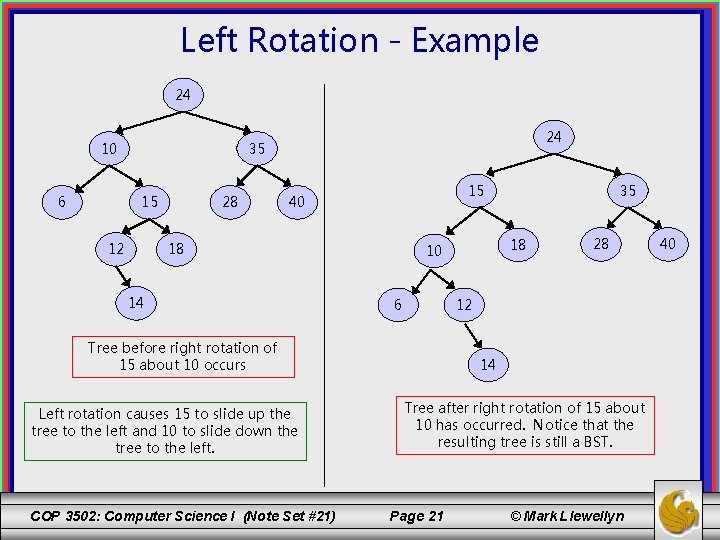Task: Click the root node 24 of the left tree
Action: pyautogui.click(x=183, y=96)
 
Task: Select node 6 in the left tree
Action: pyautogui.click(x=62, y=201)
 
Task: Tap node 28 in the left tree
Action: pyautogui.click(x=230, y=202)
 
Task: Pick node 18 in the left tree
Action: pyautogui.click(x=177, y=248)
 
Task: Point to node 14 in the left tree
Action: pyautogui.click(x=136, y=302)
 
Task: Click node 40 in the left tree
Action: pyautogui.click(x=296, y=202)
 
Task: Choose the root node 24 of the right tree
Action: pyautogui.click(x=553, y=136)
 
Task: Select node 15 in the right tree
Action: pyautogui.click(x=477, y=190)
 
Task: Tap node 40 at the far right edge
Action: pyautogui.click(x=667, y=243)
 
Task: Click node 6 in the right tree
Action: pyautogui.click(x=398, y=304)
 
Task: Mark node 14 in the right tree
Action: pyautogui.click(x=487, y=365)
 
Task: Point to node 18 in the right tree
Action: pyautogui.click(x=518, y=244)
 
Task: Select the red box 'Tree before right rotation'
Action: pyautogui.click(x=184, y=356)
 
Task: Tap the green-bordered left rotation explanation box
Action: pyautogui.click(x=165, y=431)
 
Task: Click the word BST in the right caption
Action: pyautogui.click(x=597, y=442)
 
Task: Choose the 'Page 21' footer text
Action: pyautogui.click(x=416, y=516)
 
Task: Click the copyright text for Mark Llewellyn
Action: pyautogui.click(x=567, y=516)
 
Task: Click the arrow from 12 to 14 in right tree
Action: pyautogui.click(x=473, y=334)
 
